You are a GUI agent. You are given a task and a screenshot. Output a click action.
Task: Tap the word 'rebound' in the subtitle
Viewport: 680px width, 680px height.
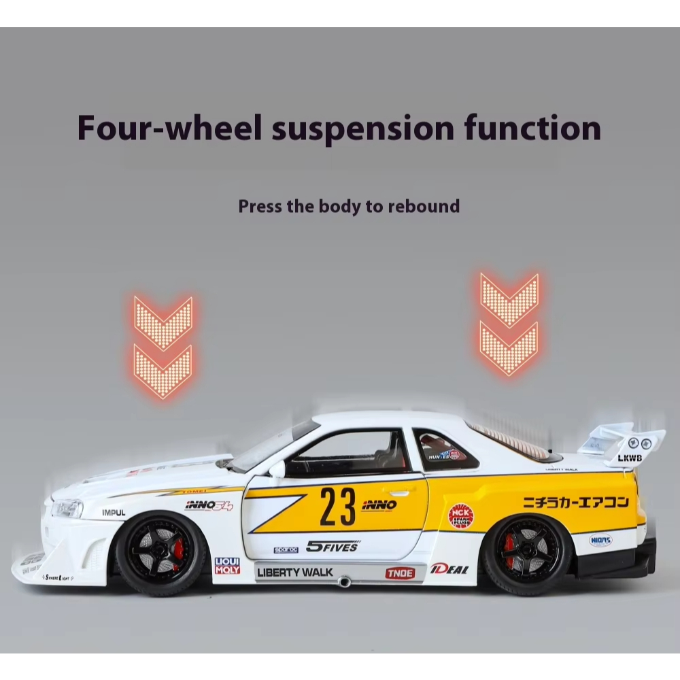coord(424,206)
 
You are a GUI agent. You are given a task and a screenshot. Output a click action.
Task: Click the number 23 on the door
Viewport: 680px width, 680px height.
coord(337,507)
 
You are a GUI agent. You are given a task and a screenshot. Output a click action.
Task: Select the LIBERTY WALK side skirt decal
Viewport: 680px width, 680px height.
coord(295,572)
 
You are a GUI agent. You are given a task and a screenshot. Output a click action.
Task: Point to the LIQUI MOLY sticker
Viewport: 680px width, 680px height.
coord(227,566)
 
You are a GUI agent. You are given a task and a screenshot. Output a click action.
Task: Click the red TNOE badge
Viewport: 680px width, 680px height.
coord(400,573)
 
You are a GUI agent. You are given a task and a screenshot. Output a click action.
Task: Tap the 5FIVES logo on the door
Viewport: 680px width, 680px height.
coord(332,546)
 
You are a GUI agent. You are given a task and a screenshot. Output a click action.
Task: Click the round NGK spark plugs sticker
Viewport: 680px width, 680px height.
coord(460,516)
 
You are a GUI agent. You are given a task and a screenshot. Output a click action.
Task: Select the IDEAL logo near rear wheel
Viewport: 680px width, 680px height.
coord(449,568)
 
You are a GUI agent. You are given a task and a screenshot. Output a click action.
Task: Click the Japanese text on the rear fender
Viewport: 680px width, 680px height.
coord(575,503)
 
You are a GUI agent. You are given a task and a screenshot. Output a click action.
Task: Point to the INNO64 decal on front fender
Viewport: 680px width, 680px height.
coord(209,505)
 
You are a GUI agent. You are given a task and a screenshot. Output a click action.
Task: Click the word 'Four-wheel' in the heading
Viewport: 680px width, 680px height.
coord(168,128)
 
